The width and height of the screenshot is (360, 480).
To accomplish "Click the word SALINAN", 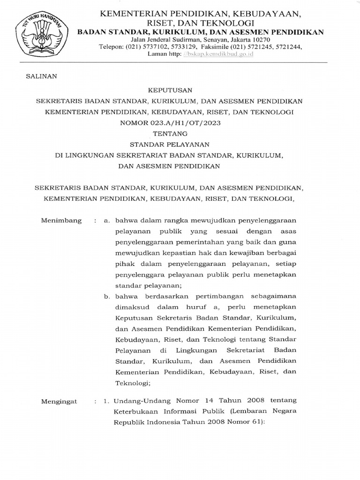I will (42, 77).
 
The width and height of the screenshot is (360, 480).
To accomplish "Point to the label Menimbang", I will (61, 220).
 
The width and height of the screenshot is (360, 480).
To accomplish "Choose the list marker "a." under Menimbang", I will (107, 220).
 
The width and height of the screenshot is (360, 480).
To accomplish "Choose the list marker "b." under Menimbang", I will (107, 296).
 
